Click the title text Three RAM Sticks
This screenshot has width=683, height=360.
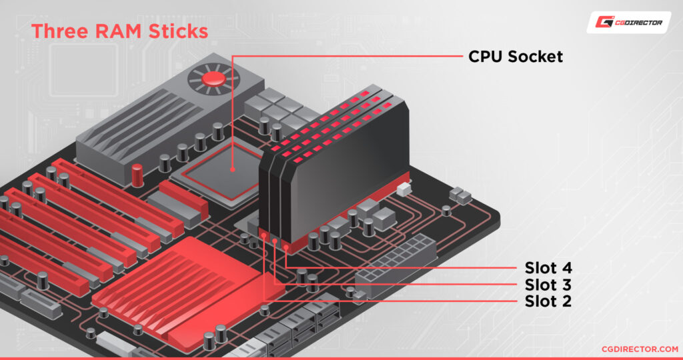120,31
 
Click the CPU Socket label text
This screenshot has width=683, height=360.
516,57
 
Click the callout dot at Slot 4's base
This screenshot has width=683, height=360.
287,247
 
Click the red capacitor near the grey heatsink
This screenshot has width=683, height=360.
137,175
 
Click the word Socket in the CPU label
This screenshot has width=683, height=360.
535,57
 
